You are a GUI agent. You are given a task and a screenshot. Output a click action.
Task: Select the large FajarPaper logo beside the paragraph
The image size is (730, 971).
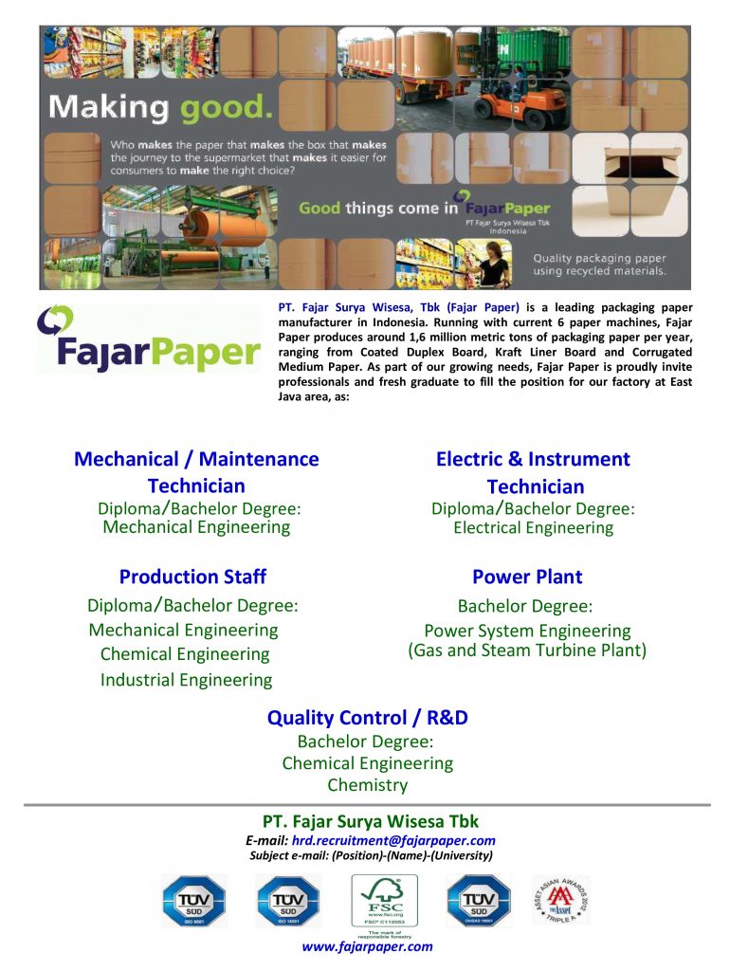pyautogui.click(x=148, y=339)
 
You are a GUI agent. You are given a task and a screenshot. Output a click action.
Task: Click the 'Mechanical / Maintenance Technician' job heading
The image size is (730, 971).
pyautogui.click(x=196, y=472)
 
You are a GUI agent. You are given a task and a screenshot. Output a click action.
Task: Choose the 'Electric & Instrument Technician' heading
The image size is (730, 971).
pyautogui.click(x=533, y=472)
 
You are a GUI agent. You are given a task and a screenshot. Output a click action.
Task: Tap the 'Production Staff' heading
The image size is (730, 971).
pyautogui.click(x=192, y=577)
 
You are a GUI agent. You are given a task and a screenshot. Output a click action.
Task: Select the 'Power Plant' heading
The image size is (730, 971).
pyautogui.click(x=527, y=577)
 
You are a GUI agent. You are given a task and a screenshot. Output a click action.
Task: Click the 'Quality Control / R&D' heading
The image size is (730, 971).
pyautogui.click(x=368, y=718)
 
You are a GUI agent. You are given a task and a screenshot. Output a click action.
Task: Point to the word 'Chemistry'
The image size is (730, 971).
pyautogui.click(x=368, y=785)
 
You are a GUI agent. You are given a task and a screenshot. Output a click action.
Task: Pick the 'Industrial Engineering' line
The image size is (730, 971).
pyautogui.click(x=186, y=680)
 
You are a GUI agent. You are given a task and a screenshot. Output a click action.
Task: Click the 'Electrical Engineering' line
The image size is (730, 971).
pyautogui.click(x=533, y=528)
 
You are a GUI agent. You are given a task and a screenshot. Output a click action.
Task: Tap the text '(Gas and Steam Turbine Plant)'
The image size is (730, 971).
pyautogui.click(x=527, y=650)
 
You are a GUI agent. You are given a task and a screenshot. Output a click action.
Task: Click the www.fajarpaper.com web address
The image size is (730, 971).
pyautogui.click(x=368, y=946)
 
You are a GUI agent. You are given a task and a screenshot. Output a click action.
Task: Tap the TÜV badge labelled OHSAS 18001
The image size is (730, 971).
pyautogui.click(x=479, y=901)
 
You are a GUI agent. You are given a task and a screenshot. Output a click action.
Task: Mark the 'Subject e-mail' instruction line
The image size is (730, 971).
pyautogui.click(x=371, y=855)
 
